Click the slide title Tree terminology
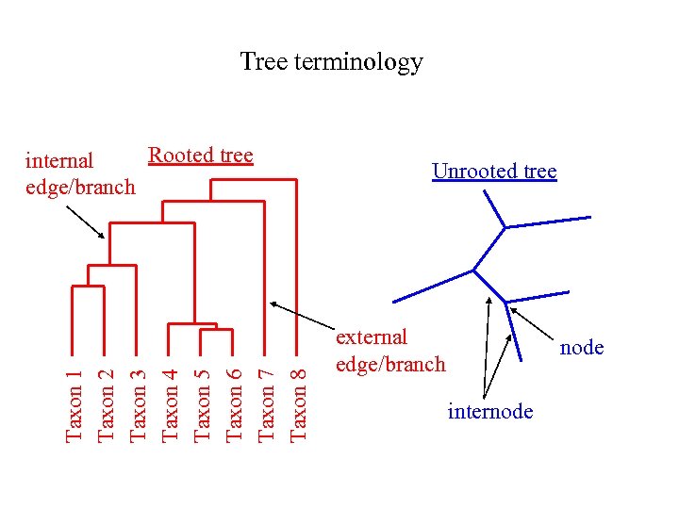(x=331, y=62)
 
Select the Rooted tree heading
(x=201, y=155)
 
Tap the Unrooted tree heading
(x=494, y=171)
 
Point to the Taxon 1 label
(x=75, y=393)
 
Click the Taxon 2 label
(x=107, y=393)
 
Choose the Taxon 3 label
(x=138, y=393)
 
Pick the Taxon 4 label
(x=170, y=393)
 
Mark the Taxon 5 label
(x=202, y=393)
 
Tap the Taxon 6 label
(x=234, y=393)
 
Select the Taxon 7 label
(x=266, y=393)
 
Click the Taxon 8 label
(x=298, y=393)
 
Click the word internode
(x=490, y=411)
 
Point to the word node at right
(x=582, y=347)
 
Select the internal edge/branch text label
(x=79, y=173)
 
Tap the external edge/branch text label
(x=389, y=350)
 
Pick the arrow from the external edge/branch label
(x=302, y=317)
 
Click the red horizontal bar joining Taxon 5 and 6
(x=216, y=330)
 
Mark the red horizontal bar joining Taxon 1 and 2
(x=90, y=286)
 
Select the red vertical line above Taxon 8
(x=297, y=264)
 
